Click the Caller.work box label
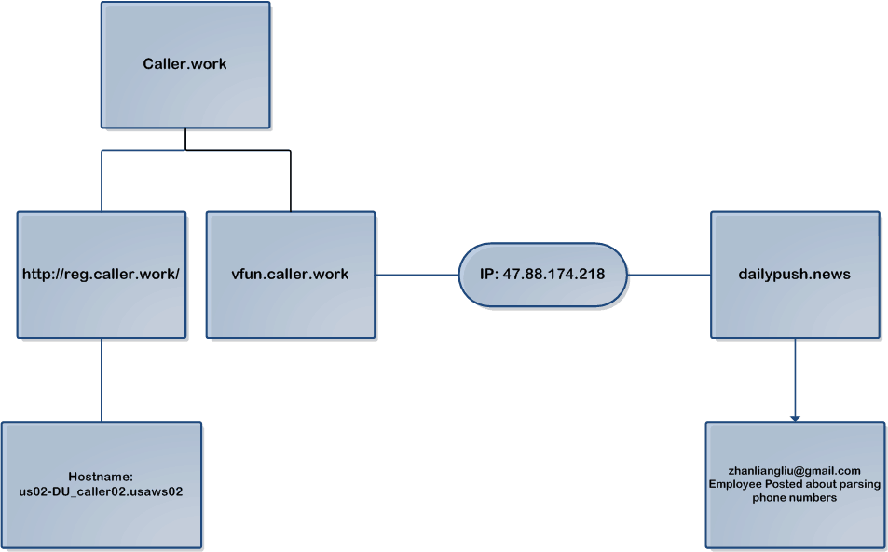pos(184,64)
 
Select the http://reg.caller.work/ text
pos(101,275)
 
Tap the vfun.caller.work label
pos(290,275)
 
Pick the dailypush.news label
pos(794,275)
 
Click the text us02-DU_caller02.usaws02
pos(101,491)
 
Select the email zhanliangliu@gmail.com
pos(795,470)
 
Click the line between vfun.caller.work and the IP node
pos(417,276)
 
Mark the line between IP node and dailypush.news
pos(669,276)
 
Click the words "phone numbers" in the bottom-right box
pos(795,498)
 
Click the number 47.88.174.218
pos(553,276)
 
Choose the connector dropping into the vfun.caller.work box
pos(290,182)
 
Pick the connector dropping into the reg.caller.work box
pos(102,182)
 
